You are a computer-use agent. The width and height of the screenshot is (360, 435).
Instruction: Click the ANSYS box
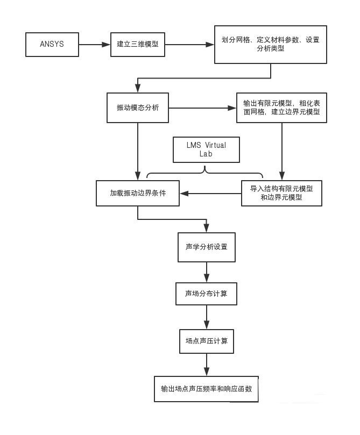52,44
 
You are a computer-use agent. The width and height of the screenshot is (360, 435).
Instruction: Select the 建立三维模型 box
137,44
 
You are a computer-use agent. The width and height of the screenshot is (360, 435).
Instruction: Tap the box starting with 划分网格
270,44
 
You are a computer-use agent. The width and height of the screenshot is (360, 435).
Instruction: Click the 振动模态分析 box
138,108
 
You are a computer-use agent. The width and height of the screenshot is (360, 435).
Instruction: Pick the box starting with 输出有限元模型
281,108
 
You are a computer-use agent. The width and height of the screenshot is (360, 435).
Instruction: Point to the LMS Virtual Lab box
206,150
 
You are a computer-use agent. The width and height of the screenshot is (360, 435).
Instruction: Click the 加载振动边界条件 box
137,193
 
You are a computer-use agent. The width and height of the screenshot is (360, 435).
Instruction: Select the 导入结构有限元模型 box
281,193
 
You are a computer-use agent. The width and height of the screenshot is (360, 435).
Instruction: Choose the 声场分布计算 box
207,294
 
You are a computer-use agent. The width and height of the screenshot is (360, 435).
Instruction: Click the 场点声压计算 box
207,340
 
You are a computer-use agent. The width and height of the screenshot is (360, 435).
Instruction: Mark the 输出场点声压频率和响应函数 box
206,388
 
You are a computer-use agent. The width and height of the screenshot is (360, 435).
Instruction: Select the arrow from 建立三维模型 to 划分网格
189,44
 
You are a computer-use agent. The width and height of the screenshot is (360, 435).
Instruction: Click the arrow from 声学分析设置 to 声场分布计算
207,272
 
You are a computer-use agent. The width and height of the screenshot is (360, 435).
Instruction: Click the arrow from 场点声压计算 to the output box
207,364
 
